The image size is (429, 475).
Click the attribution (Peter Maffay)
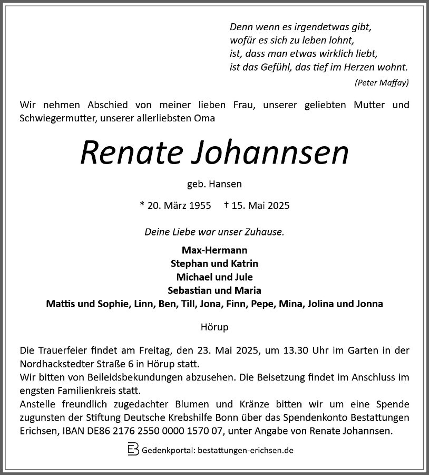click(382, 82)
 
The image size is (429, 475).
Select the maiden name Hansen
click(226, 184)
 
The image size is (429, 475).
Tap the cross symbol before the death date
click(226, 205)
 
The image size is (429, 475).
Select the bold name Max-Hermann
click(214, 250)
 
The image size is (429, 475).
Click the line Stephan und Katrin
click(214, 263)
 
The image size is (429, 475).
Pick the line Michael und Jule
click(214, 277)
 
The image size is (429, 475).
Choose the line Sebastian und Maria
click(214, 291)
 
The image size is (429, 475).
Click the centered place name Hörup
click(214, 327)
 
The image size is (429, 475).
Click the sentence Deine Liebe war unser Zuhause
click(214, 231)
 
